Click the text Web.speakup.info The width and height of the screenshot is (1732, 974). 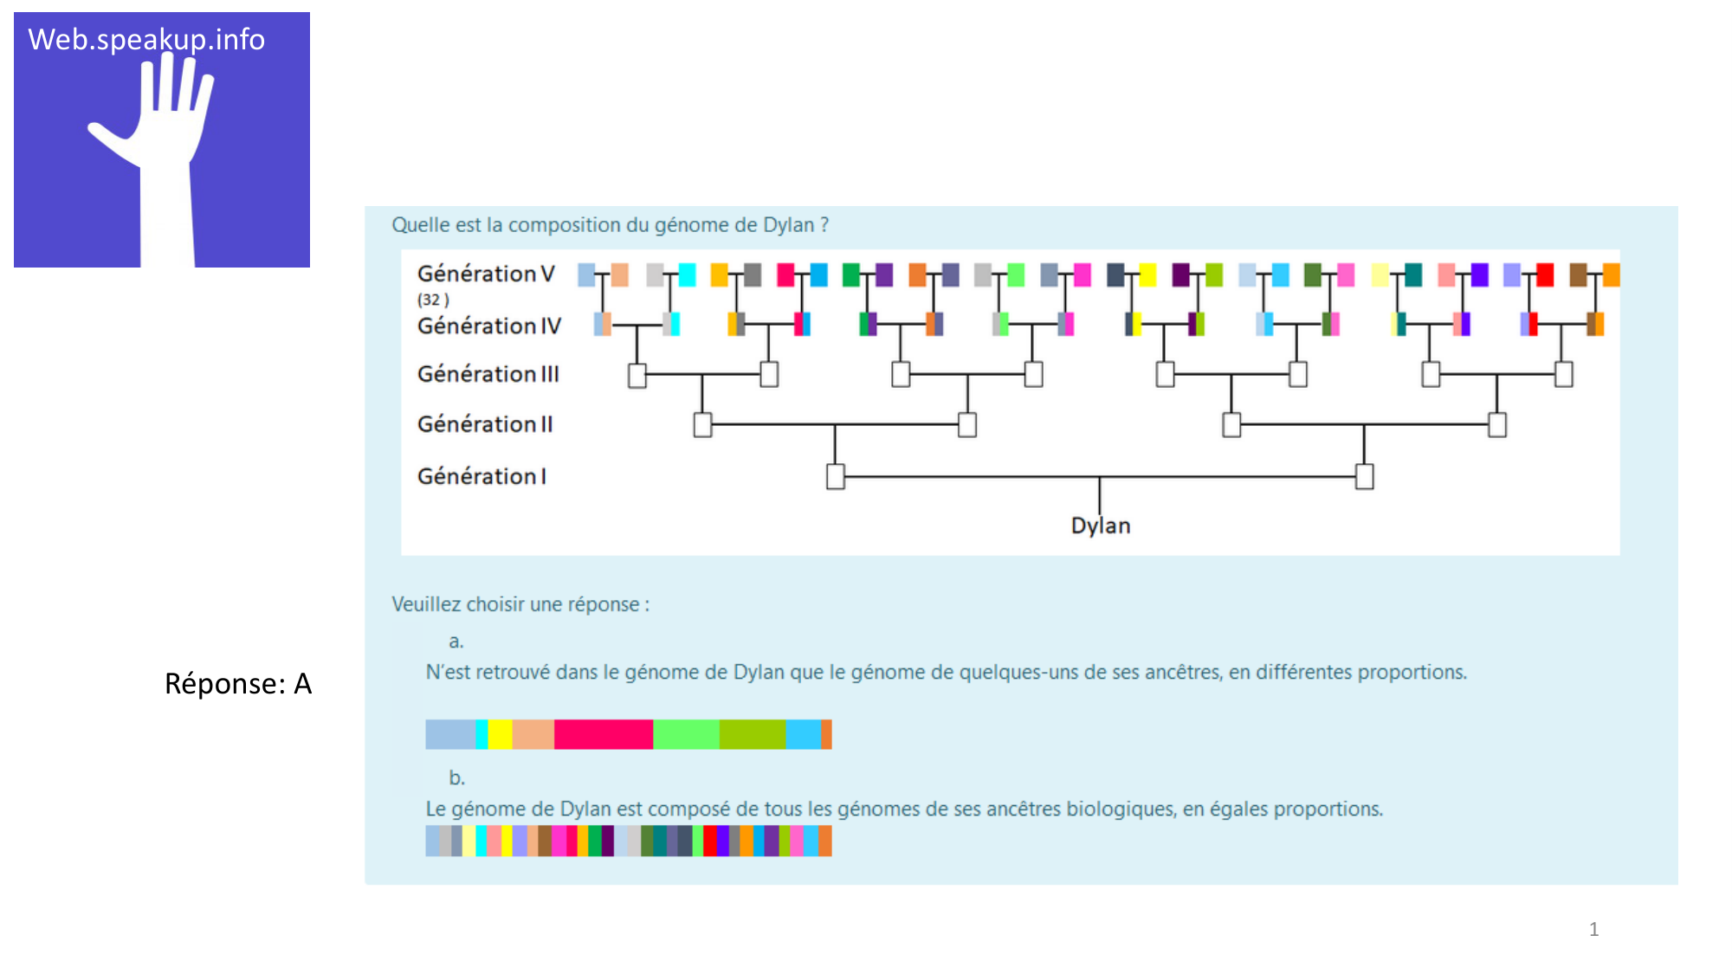coord(146,40)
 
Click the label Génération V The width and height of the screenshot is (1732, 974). coord(485,274)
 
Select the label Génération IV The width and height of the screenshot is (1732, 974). coord(488,326)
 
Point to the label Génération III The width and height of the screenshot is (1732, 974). coord(488,374)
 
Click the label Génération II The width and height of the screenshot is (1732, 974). coord(484,424)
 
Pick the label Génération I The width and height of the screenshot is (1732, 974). coord(481,476)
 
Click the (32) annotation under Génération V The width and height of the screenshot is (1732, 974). coord(433,300)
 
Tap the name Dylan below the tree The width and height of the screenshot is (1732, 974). coord(1100,526)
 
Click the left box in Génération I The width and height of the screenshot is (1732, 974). coord(835,476)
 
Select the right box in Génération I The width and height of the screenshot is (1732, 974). coord(1364,476)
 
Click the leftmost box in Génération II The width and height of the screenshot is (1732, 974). coord(702,425)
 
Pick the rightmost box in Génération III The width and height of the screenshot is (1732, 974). coord(1563,374)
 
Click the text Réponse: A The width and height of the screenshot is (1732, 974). coord(237,684)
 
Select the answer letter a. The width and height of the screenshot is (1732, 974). coord(456,642)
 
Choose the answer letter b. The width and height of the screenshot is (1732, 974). coord(456,777)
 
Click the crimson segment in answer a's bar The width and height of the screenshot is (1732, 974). coord(603,734)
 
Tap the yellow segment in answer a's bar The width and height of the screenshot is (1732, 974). coord(500,734)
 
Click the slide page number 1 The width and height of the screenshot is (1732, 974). coord(1593,929)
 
